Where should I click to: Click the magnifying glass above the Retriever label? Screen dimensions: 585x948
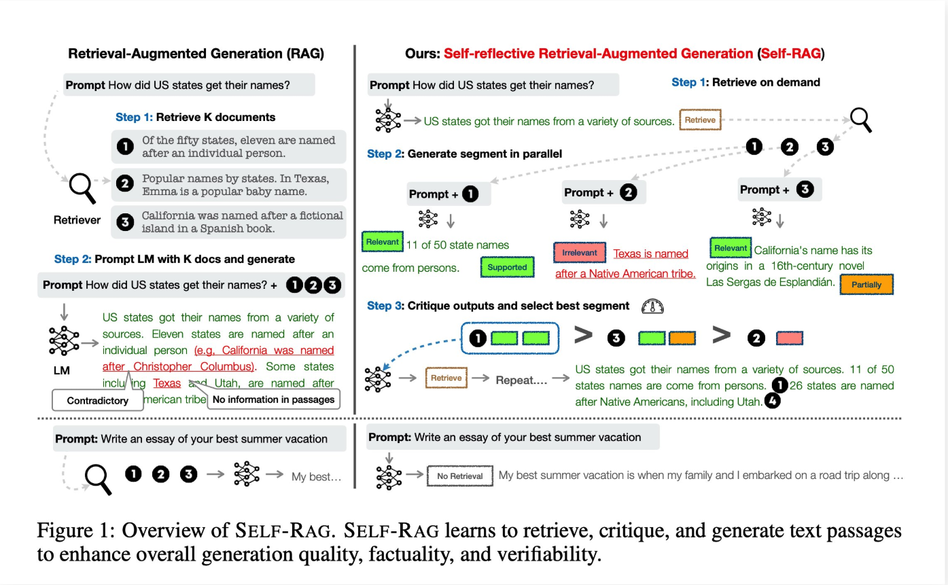pos(84,187)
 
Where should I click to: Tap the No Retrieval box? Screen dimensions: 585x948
pos(459,476)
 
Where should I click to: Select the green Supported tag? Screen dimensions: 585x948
pos(506,267)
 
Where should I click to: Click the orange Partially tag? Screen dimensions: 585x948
pos(866,285)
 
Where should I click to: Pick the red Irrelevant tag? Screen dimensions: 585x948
pos(580,253)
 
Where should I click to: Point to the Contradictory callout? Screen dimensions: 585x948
pos(98,400)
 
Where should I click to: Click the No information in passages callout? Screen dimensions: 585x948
pos(273,400)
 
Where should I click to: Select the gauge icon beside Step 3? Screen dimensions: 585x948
pos(652,306)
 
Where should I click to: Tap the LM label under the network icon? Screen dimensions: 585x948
pos(63,370)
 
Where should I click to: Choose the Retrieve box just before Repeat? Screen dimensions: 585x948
pos(446,378)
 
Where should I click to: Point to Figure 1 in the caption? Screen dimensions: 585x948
pos(69,531)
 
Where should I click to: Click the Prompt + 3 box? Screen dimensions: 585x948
pos(779,190)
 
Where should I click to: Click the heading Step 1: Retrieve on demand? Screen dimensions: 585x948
pos(745,82)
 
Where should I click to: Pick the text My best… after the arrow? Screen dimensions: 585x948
pos(316,476)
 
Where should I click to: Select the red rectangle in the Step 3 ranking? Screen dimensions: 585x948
pos(790,338)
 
